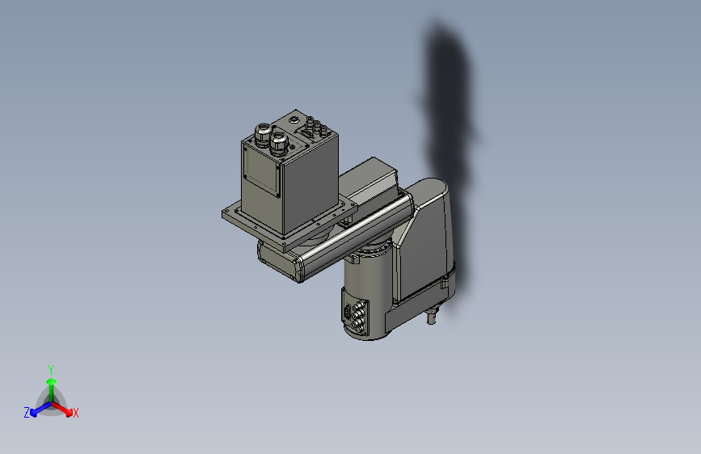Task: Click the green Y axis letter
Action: coord(51,368)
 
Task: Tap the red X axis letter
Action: coord(76,413)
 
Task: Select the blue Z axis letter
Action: coord(27,413)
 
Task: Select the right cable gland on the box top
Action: coord(280,143)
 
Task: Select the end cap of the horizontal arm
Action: coord(298,267)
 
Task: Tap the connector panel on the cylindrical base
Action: coord(354,315)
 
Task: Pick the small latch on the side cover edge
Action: coord(443,283)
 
